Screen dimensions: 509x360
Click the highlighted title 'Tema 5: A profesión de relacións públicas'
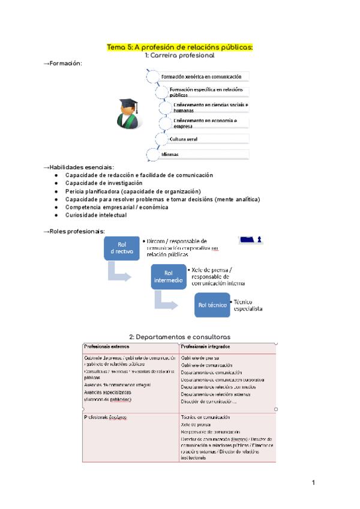click(180, 47)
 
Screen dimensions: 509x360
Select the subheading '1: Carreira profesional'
click(179, 55)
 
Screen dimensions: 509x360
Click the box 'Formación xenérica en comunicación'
click(204, 77)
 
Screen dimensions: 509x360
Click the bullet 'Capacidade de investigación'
click(104, 182)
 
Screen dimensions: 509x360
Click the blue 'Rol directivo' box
click(122, 248)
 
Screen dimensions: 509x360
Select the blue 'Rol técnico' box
click(212, 305)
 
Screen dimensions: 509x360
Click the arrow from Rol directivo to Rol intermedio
click(119, 274)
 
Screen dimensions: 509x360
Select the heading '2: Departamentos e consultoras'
click(180, 337)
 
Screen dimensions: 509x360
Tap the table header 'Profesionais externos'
click(107, 347)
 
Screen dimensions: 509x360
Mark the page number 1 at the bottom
click(313, 483)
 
